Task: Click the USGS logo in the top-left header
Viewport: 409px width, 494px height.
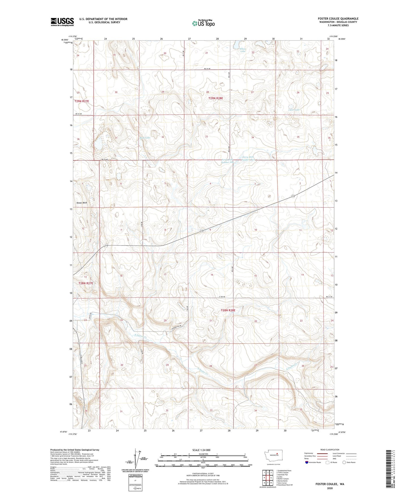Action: pyautogui.click(x=62, y=22)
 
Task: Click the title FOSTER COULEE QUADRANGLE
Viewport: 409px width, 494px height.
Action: pyautogui.click(x=338, y=19)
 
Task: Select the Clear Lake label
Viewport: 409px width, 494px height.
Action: pyautogui.click(x=294, y=110)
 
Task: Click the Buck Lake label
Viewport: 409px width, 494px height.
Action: pyautogui.click(x=145, y=138)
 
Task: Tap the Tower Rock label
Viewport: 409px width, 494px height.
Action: pyautogui.click(x=82, y=203)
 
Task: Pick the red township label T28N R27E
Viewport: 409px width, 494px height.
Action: pyautogui.click(x=86, y=283)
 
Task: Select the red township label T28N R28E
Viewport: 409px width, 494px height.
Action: pyautogui.click(x=228, y=310)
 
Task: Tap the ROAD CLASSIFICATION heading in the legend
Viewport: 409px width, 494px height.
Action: pyautogui.click(x=330, y=450)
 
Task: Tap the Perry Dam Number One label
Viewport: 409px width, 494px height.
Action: pyautogui.click(x=227, y=161)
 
